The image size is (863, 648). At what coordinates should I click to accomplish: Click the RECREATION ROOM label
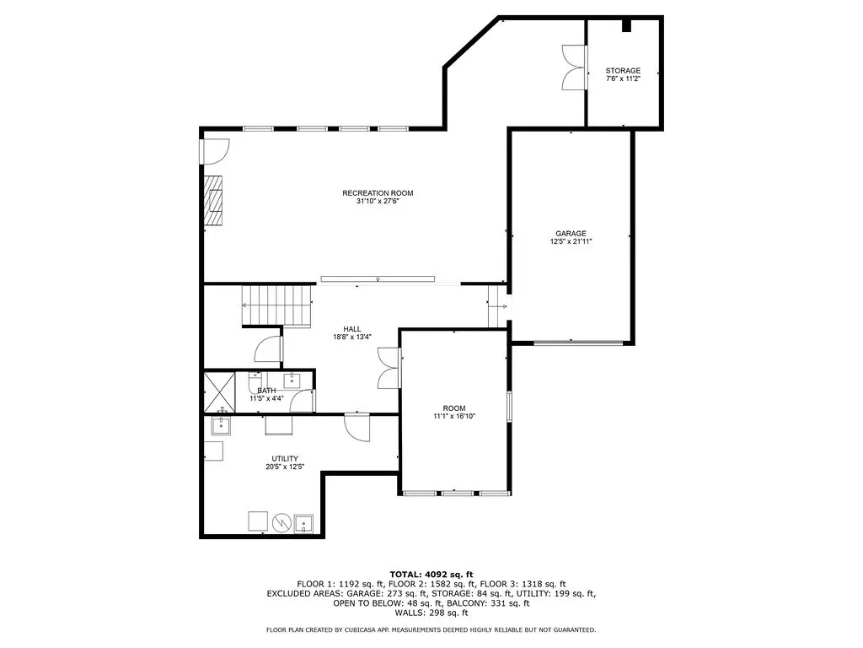click(x=378, y=193)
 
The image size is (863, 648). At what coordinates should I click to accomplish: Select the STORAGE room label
click(x=623, y=71)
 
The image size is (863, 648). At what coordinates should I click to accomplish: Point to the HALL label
click(x=352, y=328)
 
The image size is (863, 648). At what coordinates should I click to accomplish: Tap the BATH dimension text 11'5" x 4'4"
click(x=266, y=398)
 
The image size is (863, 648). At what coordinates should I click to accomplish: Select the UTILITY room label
click(x=284, y=458)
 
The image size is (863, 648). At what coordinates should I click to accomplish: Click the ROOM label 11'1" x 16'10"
click(x=454, y=408)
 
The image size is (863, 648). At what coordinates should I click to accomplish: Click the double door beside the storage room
click(x=573, y=67)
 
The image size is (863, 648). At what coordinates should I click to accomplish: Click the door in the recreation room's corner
click(x=214, y=151)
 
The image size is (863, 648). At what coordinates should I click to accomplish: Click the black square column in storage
click(x=626, y=26)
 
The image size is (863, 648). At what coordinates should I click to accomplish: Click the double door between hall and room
click(x=388, y=368)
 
